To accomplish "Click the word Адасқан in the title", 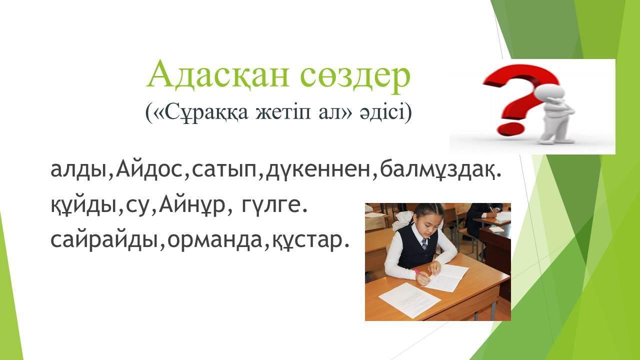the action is click(217, 75).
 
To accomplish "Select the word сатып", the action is click(224, 171).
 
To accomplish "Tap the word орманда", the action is click(215, 240).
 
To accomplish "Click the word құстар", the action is click(306, 240).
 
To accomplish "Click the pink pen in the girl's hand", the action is click(421, 273).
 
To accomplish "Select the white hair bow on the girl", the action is click(402, 221).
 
